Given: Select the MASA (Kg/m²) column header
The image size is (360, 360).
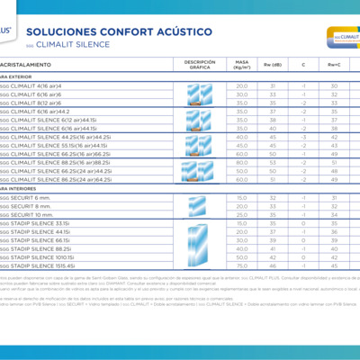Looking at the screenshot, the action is pos(241,65).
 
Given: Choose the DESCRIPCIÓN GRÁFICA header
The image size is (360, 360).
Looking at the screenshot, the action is pos(201,65).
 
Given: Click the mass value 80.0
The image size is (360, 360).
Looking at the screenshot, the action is pos(241,161).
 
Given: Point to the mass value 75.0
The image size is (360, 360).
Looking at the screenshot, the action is pos(241,265).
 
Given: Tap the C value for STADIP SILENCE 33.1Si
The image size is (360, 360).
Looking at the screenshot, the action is pos(303,222).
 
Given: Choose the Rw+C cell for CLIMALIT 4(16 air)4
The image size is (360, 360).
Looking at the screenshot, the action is pos(334,85).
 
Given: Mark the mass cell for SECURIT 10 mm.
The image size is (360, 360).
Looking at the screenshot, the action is pos(241,214).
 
